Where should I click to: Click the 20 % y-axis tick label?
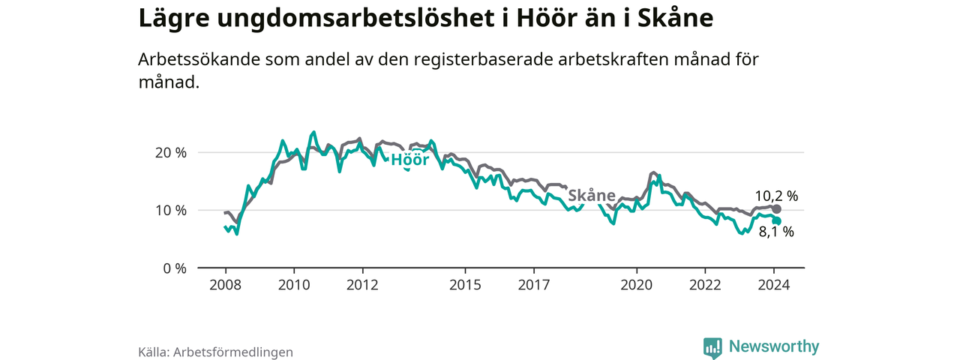[169, 152]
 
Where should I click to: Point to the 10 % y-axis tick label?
[169, 210]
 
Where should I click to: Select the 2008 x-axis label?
[225, 285]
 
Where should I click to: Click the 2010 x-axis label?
[294, 285]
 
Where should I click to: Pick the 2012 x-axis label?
[362, 285]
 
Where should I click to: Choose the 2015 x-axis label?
[465, 285]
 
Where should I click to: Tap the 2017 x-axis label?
[533, 285]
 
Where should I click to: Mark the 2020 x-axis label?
[637, 285]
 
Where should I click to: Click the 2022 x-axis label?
[705, 285]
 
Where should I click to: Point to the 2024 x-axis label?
[774, 285]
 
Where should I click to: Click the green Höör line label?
[409, 159]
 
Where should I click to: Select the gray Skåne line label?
[591, 196]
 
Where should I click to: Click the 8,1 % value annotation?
[776, 232]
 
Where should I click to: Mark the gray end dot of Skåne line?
[777, 209]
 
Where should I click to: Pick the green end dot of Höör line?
[777, 221]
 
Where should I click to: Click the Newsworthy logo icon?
[712, 348]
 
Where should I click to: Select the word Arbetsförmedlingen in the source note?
[232, 351]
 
